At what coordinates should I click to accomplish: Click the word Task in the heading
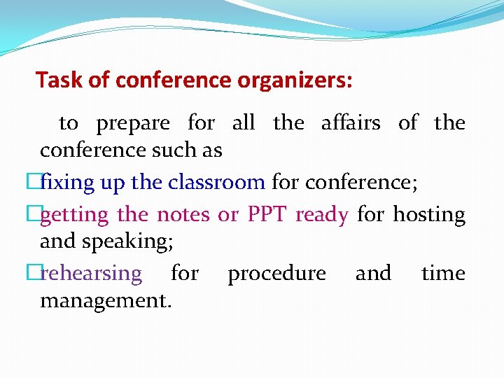[60, 80]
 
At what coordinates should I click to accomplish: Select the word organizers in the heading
[295, 80]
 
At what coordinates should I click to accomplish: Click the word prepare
[133, 123]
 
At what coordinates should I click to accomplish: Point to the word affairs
[350, 123]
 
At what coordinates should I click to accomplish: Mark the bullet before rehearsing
[34, 273]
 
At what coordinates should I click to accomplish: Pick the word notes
[183, 215]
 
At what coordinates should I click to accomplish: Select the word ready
[321, 215]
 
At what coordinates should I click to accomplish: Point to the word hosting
[428, 215]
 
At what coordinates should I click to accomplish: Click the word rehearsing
[91, 273]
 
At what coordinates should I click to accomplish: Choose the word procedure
[276, 273]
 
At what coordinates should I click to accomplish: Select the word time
[443, 273]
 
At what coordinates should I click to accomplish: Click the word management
[106, 301]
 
